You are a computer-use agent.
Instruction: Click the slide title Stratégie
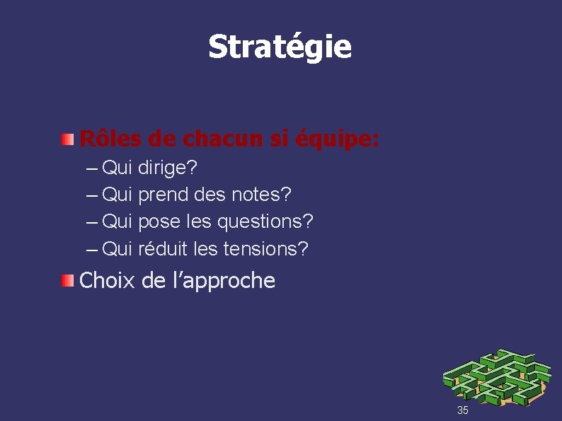280,47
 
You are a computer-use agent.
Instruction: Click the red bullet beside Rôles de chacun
67,139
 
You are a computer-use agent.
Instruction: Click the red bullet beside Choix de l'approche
67,281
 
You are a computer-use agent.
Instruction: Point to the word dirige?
168,168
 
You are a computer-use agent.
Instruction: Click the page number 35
463,410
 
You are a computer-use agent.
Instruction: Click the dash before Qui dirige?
91,168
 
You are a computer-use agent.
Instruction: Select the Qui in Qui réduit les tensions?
117,248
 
